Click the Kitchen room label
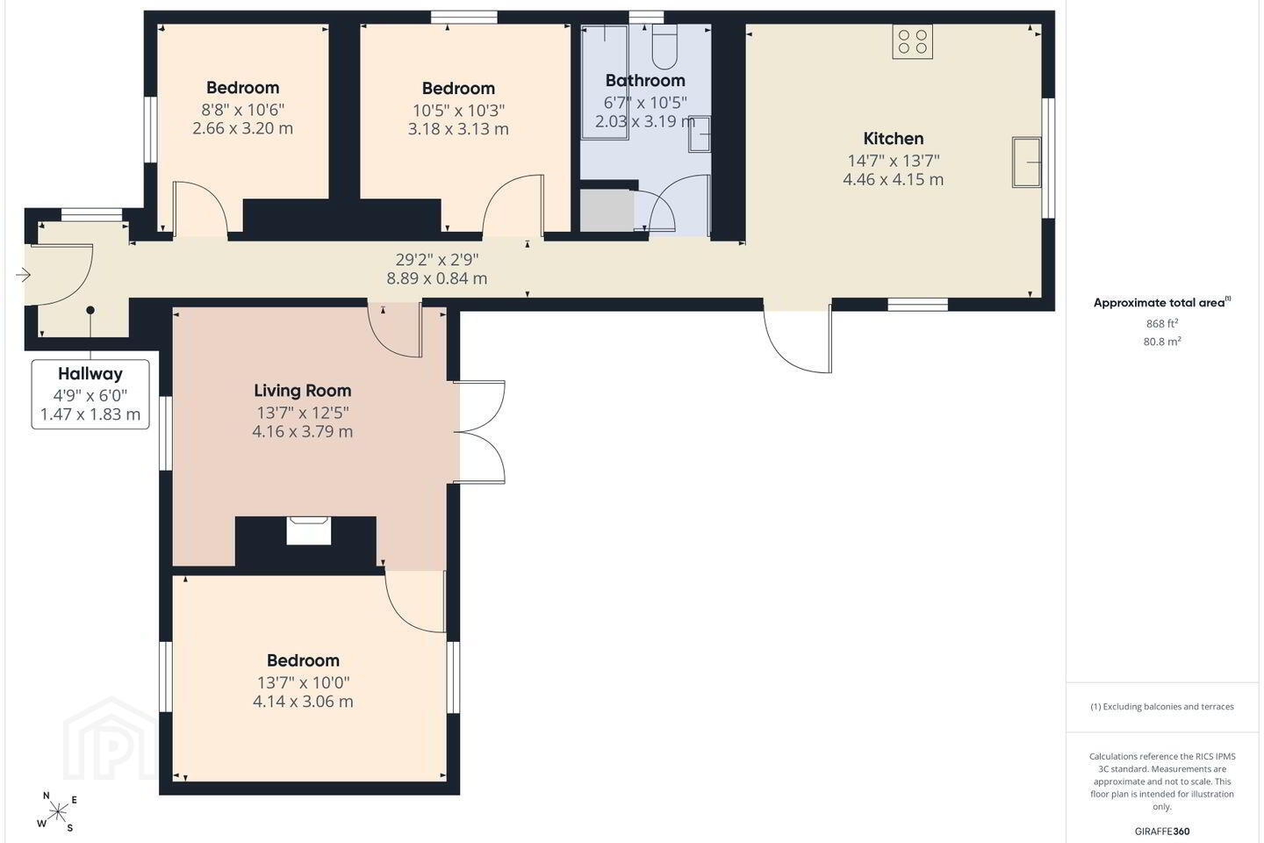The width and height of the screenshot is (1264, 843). (x=894, y=139)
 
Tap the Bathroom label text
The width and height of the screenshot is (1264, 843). (x=645, y=81)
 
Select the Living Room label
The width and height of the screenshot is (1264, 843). (x=303, y=391)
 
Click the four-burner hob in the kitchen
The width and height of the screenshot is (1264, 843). (x=913, y=42)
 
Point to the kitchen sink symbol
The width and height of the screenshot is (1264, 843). (x=1026, y=162)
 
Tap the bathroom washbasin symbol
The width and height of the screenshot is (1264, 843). (x=700, y=133)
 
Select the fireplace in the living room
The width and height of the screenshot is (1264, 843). (x=308, y=530)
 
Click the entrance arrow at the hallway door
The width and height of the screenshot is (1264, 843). (x=23, y=275)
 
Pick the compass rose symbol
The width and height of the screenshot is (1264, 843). (x=57, y=812)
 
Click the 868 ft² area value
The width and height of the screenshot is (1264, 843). (x=1162, y=323)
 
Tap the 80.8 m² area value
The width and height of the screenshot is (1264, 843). (x=1162, y=342)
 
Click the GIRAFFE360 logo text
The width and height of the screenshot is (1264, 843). (x=1162, y=831)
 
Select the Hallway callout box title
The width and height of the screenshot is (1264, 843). (x=90, y=374)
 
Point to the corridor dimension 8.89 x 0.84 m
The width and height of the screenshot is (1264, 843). (x=437, y=278)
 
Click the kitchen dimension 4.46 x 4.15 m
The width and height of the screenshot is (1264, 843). (x=894, y=179)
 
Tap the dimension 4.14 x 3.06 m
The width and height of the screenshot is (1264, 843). (x=303, y=702)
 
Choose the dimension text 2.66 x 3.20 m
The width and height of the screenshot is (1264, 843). (x=242, y=129)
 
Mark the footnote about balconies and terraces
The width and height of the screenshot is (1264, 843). (x=1162, y=706)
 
